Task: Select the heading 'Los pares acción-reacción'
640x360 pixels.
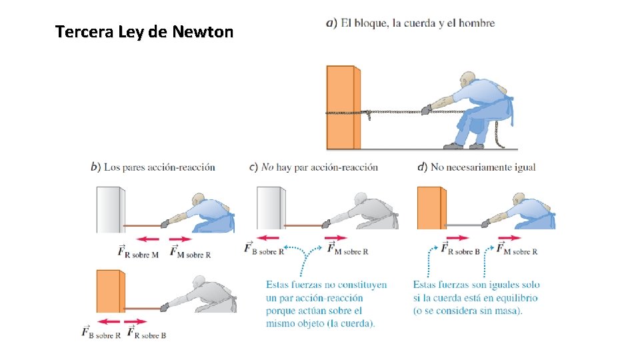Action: pyautogui.click(x=153, y=167)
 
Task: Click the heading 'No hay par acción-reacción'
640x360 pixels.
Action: pyautogui.click(x=313, y=167)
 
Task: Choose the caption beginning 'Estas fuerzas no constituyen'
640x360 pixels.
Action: pyautogui.click(x=326, y=304)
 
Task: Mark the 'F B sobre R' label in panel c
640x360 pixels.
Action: pyautogui.click(x=264, y=249)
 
